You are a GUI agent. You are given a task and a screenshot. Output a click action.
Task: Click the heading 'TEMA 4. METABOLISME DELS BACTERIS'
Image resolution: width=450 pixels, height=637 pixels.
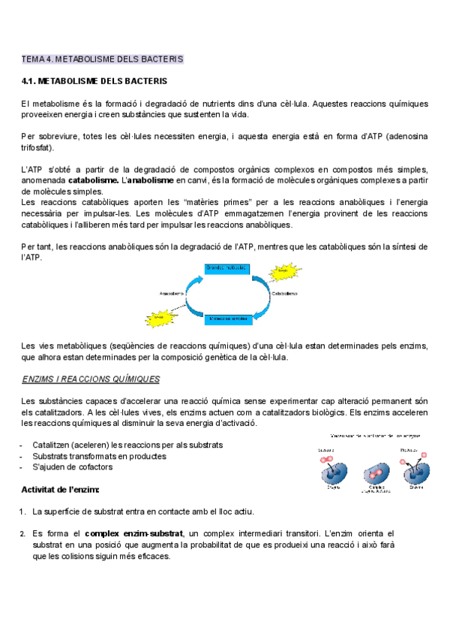tap(102, 59)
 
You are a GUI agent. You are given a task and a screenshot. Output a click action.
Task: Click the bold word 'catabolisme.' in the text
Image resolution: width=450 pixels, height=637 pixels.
tap(93, 181)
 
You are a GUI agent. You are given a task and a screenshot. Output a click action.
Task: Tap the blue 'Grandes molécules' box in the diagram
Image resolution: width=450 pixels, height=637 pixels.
tap(226, 268)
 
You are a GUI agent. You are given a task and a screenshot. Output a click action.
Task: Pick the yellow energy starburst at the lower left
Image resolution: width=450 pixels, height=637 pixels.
tap(159, 316)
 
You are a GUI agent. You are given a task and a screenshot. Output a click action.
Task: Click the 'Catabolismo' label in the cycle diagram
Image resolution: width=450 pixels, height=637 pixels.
tap(284, 293)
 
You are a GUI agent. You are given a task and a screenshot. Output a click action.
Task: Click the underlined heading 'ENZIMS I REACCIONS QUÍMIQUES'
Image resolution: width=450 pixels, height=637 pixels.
tap(91, 379)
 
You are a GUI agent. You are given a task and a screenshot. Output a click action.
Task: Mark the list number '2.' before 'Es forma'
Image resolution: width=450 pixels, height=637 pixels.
tap(23, 533)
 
